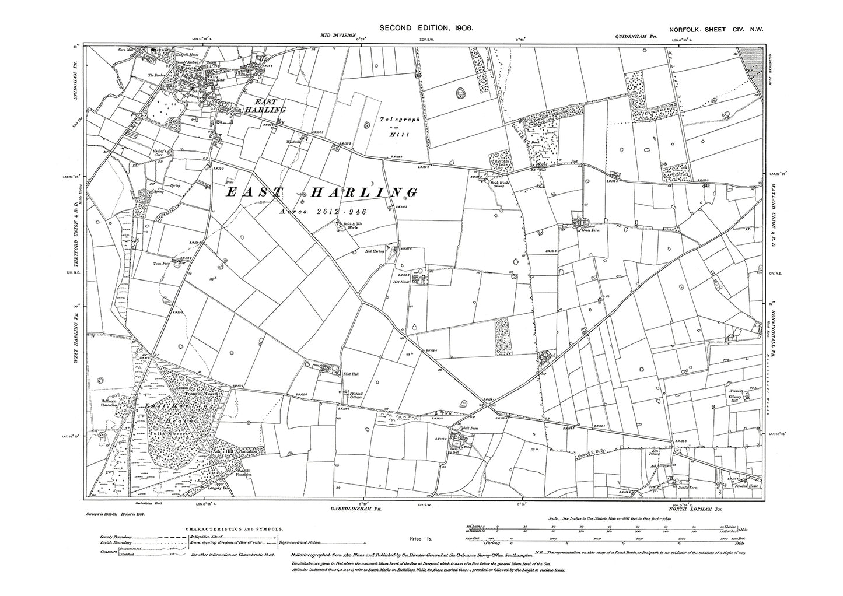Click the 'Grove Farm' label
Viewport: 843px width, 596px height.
point(587,230)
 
